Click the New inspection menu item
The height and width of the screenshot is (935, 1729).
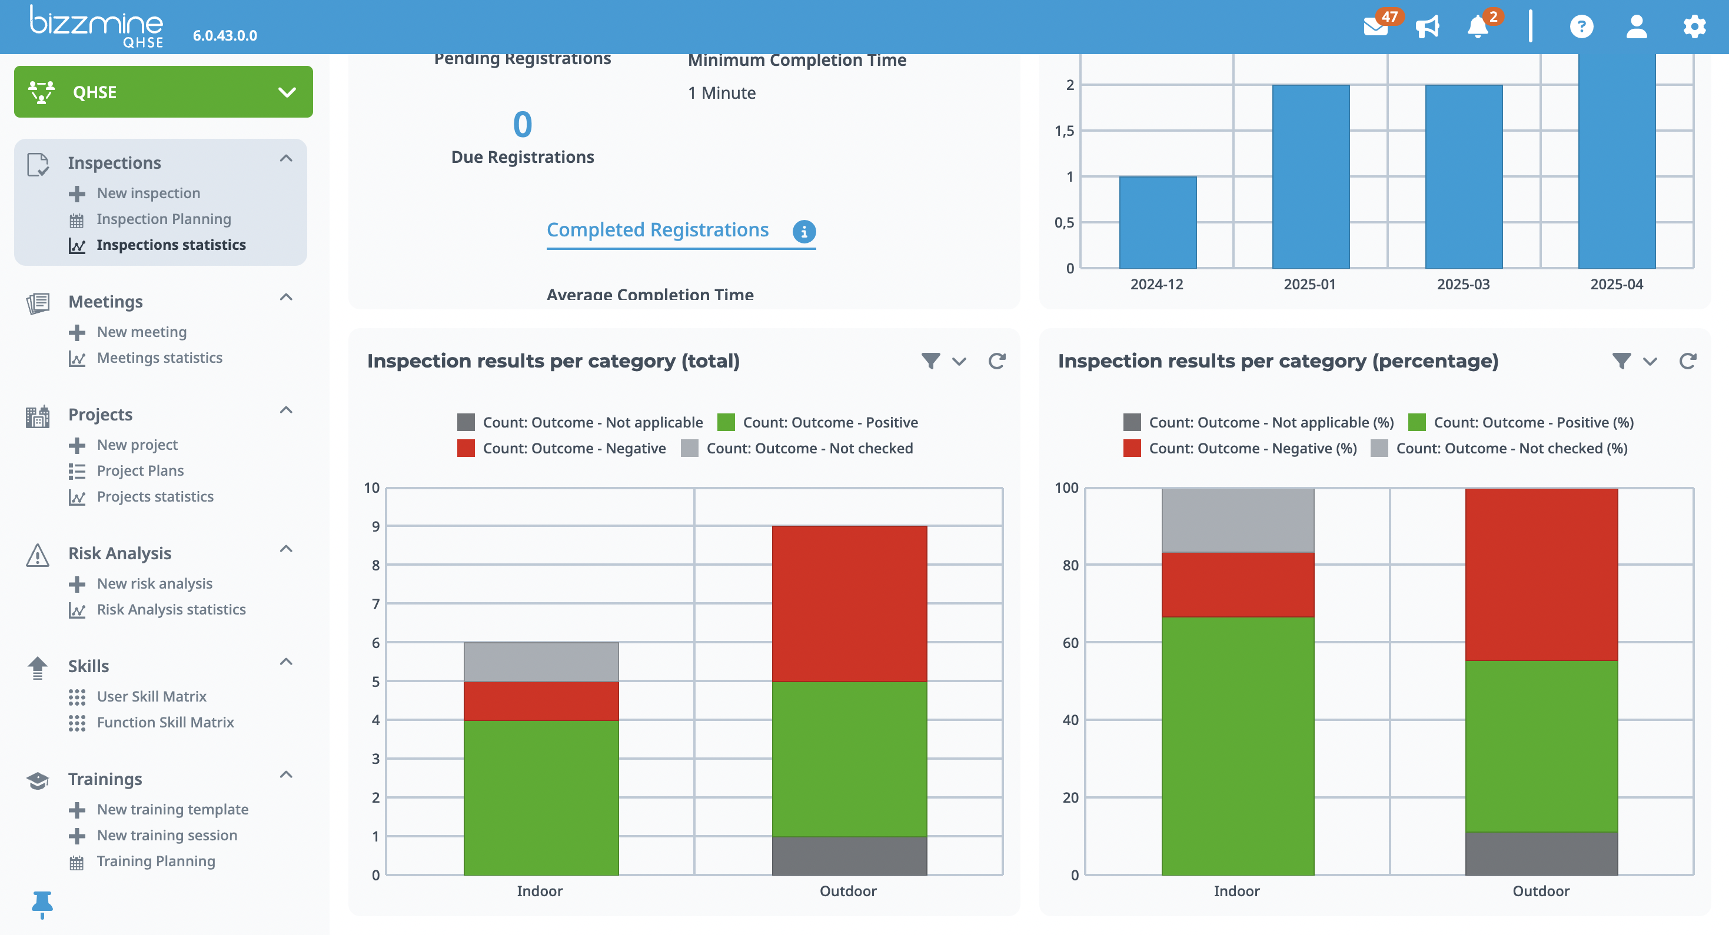click(x=148, y=193)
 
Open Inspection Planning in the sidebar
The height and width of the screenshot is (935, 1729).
click(x=163, y=219)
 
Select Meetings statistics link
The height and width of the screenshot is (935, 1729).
click(x=159, y=358)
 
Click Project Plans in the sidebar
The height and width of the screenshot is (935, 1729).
click(x=139, y=471)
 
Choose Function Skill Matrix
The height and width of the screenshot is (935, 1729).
click(x=165, y=722)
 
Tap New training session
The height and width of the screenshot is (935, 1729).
click(x=167, y=836)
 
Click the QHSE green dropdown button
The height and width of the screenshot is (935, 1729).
click(x=163, y=92)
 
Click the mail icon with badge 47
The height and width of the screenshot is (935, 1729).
click(x=1375, y=27)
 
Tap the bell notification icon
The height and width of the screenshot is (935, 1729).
click(x=1477, y=27)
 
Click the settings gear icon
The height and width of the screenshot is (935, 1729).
click(x=1694, y=27)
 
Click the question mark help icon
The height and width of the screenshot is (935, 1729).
click(x=1581, y=27)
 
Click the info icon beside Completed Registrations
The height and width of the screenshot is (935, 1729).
click(x=804, y=232)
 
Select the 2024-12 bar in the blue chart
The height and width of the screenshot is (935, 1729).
click(x=1157, y=223)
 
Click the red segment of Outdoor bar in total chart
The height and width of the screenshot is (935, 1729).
click(x=849, y=604)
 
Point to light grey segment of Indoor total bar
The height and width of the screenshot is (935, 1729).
click(x=541, y=662)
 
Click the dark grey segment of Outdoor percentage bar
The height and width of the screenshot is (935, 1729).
click(x=1541, y=853)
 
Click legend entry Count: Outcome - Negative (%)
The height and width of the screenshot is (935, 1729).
click(x=1252, y=449)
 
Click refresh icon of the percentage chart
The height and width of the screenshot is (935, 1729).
click(x=1687, y=362)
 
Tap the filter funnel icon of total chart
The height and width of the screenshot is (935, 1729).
click(x=930, y=362)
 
